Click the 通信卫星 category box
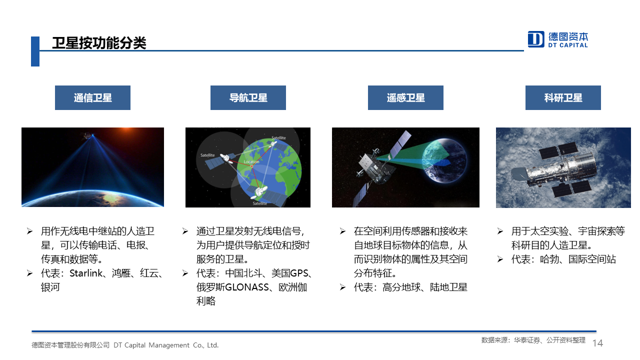tap(92, 97)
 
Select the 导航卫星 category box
tap(248, 97)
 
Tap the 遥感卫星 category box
tap(405, 97)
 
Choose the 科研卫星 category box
tap(563, 97)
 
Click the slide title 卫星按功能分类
tap(99, 43)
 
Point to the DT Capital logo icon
tap(535, 39)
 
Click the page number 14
tap(597, 343)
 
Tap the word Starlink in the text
tap(85, 273)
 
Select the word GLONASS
tap(247, 287)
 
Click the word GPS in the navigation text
tap(299, 273)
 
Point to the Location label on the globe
tap(251, 161)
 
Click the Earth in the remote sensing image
tap(444, 160)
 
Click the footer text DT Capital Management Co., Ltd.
tap(166, 345)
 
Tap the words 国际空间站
tap(592, 259)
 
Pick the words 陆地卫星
tap(448, 287)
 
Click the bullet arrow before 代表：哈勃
tap(499, 259)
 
